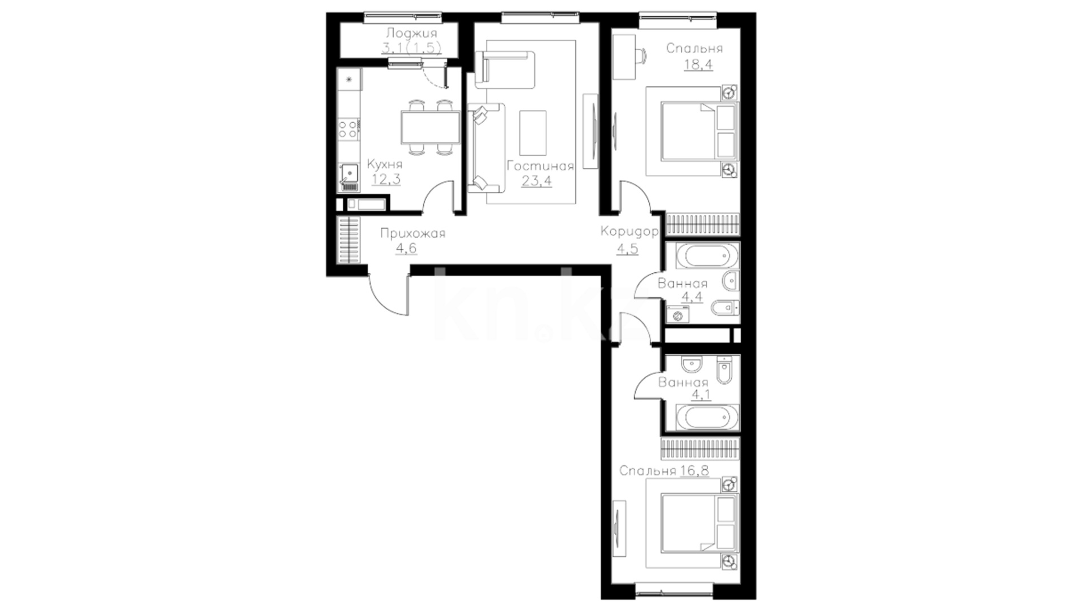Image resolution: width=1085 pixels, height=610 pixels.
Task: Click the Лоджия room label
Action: [x=411, y=33]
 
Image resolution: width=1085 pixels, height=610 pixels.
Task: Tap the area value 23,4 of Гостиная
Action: [x=537, y=181]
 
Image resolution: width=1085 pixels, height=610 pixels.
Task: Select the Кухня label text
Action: [x=384, y=164]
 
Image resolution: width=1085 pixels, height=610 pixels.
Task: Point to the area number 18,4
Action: [x=698, y=64]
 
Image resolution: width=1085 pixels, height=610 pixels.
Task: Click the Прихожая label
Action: [x=413, y=233]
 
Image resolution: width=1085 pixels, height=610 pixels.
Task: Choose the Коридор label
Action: [x=630, y=231]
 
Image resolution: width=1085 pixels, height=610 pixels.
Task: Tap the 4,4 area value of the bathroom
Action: [x=692, y=297]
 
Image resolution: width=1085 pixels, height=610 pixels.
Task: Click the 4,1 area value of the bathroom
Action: [x=701, y=395]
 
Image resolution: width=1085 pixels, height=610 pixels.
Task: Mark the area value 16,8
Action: [x=695, y=470]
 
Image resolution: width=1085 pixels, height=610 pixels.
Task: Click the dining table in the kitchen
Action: [x=430, y=127]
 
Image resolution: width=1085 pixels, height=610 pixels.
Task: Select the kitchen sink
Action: [x=350, y=176]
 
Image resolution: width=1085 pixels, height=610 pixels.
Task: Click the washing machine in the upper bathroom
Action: [x=677, y=313]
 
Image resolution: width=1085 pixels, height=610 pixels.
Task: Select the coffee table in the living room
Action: [x=533, y=133]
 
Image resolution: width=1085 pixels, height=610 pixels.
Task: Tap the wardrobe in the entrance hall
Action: [x=349, y=241]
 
